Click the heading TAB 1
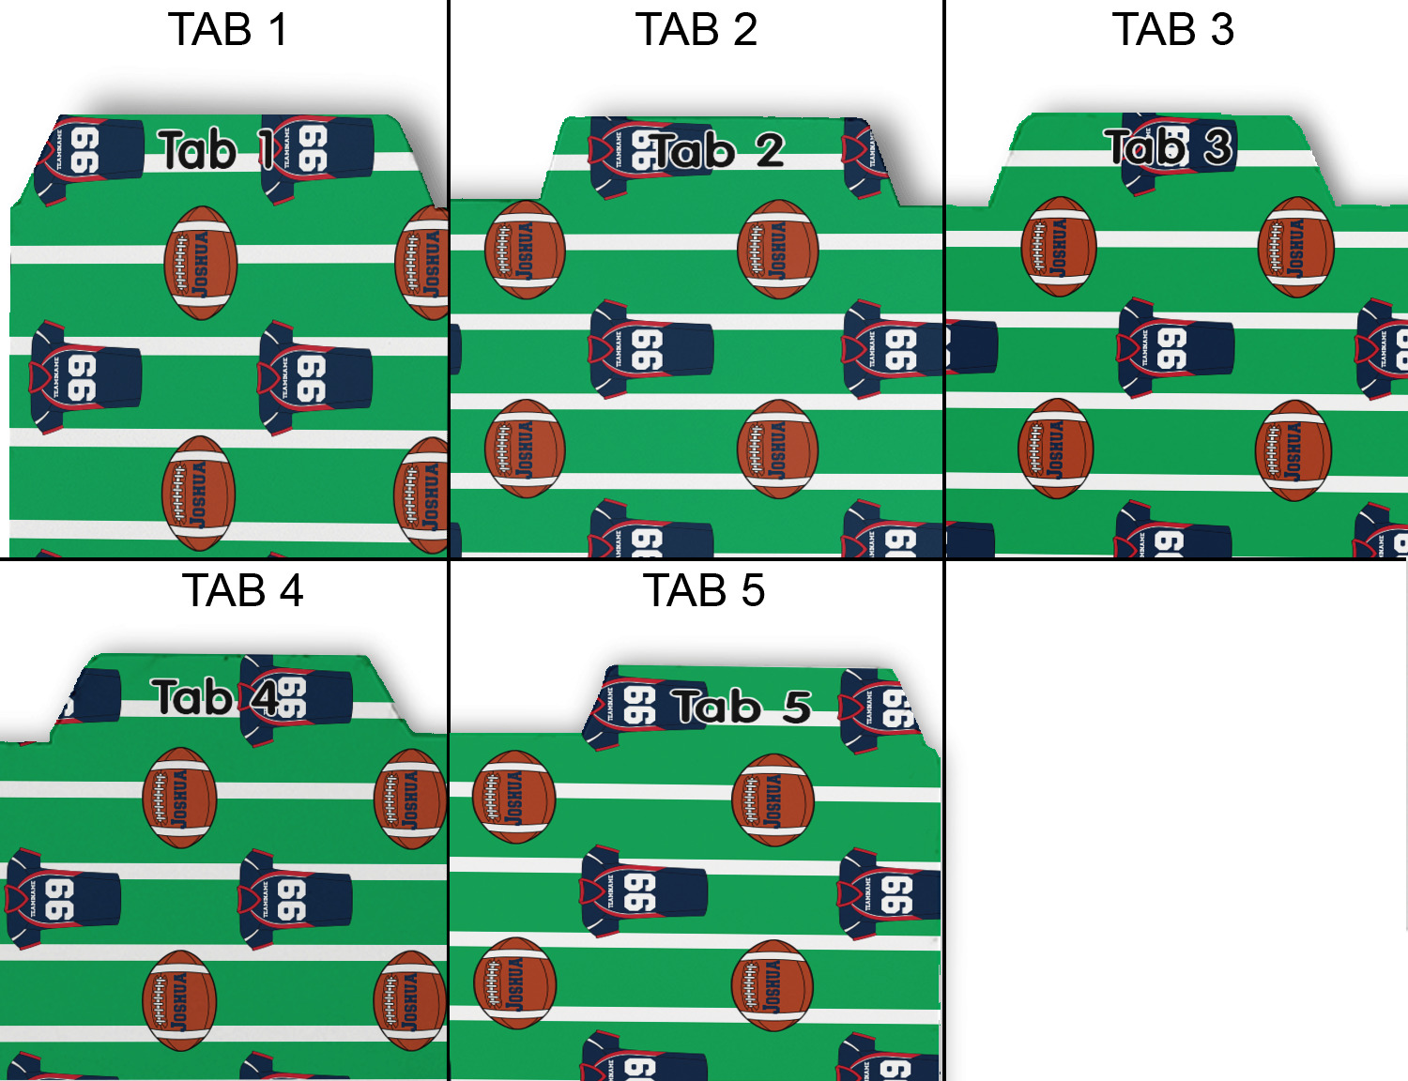click(228, 29)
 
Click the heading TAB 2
click(696, 29)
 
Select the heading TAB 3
click(1172, 29)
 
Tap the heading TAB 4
click(242, 590)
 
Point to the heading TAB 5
click(703, 590)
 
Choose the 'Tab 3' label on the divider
click(1168, 146)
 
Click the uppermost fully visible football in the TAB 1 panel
click(200, 263)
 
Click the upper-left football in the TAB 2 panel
click(525, 250)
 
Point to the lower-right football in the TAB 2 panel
click(777, 449)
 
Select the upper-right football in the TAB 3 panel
click(1295, 247)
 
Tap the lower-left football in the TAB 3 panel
click(1056, 449)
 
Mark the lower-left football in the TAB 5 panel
click(514, 982)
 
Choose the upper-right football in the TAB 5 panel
click(773, 800)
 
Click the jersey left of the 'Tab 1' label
click(86, 155)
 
